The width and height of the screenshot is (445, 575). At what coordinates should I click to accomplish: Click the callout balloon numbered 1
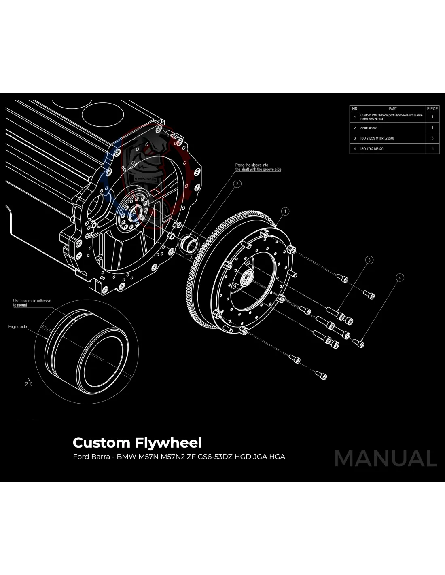[285, 211]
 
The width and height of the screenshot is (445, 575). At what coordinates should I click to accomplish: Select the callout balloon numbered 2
[237, 184]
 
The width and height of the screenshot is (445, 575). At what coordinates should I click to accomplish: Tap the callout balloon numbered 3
[369, 260]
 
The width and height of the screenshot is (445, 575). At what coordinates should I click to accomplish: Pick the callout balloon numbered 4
[400, 277]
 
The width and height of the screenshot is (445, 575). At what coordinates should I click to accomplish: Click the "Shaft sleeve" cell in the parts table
[369, 128]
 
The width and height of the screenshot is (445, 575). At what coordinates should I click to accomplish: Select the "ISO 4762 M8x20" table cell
[372, 149]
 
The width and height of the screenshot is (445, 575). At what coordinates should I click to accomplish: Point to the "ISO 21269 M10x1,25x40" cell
[377, 138]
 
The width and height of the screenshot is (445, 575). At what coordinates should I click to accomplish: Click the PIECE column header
[432, 109]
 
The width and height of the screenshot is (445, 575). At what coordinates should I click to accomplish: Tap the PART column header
[392, 109]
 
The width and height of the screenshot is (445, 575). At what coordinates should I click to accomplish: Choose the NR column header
[355, 109]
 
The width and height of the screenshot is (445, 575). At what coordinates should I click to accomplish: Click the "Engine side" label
[18, 327]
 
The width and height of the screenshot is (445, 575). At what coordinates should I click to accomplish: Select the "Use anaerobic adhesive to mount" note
[32, 303]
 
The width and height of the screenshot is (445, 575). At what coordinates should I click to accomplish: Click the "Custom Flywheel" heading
[137, 443]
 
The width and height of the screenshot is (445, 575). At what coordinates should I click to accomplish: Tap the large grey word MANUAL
[386, 458]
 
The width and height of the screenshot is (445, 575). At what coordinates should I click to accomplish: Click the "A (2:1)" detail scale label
[28, 381]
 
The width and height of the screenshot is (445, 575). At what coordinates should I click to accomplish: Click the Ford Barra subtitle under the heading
[179, 457]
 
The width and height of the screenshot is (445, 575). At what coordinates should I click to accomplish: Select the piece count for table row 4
[432, 149]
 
